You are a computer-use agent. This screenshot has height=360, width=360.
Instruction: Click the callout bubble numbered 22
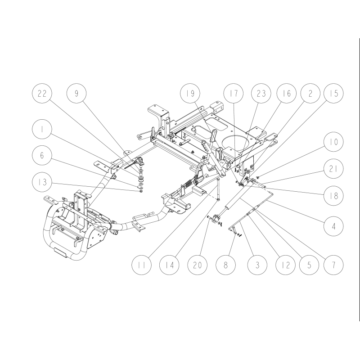[41, 94]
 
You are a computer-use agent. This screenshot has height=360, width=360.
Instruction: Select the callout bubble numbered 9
[76, 94]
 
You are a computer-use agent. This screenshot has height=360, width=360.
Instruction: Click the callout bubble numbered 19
[189, 94]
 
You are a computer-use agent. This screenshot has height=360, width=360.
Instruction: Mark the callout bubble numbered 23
[261, 94]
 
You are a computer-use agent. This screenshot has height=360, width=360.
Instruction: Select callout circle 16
[287, 94]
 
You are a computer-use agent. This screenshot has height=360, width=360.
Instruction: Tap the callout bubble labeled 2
[311, 94]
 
